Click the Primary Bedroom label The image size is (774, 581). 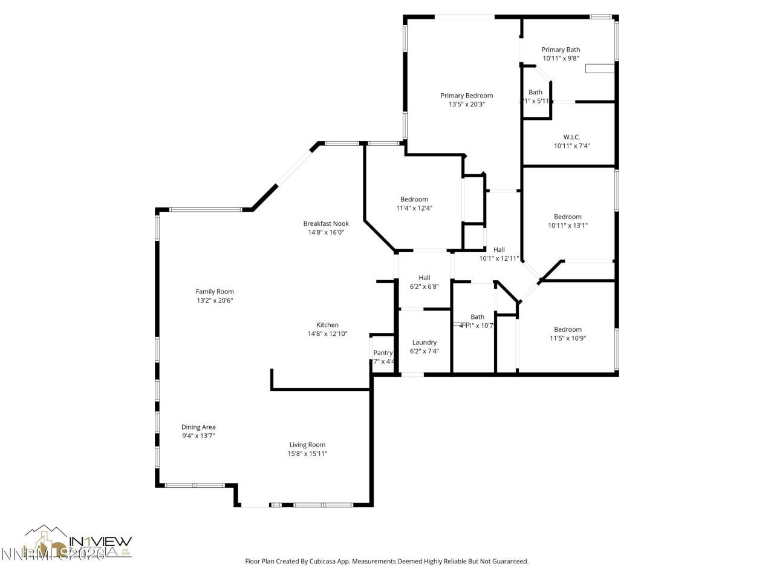click(x=466, y=96)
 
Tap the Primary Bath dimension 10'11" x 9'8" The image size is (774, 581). click(x=561, y=59)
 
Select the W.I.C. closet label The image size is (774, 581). click(x=571, y=137)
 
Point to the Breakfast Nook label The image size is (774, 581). click(x=326, y=223)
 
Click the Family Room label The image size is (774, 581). click(x=215, y=292)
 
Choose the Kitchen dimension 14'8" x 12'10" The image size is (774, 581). click(x=327, y=333)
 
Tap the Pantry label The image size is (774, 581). click(x=383, y=353)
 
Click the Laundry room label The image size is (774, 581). click(x=424, y=343)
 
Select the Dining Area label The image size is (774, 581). click(x=198, y=427)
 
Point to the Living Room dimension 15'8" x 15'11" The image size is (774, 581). click(x=307, y=453)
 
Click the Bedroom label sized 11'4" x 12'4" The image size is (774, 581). click(x=414, y=200)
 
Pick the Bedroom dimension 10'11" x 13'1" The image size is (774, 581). click(x=568, y=225)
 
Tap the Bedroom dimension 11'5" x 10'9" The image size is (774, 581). click(x=568, y=338)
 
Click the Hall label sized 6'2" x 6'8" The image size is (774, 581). click(x=424, y=278)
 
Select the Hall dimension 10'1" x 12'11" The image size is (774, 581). click(x=499, y=258)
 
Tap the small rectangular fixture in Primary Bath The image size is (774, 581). click(x=600, y=68)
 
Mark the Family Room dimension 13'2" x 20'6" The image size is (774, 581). click(x=215, y=300)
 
